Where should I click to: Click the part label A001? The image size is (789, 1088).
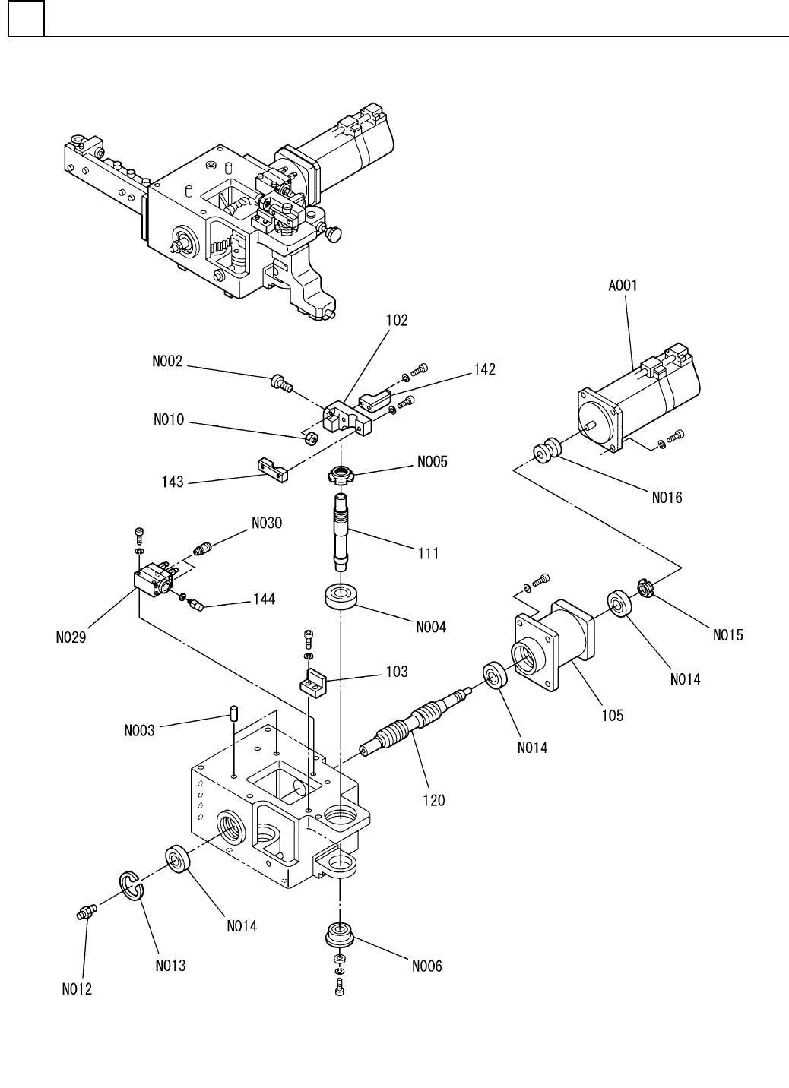point(623,286)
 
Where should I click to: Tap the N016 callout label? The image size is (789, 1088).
point(667,498)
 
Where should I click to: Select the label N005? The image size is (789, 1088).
point(432,461)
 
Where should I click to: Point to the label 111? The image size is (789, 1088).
point(428,553)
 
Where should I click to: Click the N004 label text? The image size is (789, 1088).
point(430,627)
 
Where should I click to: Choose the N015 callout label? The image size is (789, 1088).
point(727,635)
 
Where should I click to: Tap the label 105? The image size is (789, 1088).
point(612,716)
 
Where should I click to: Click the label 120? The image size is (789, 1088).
point(433,801)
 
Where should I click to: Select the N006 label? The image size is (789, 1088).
point(427,966)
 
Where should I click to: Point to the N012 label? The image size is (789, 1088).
point(77,989)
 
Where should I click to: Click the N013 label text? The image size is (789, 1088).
point(170,966)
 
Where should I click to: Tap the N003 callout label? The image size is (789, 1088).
point(139,730)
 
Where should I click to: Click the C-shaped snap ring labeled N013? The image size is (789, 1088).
point(131,887)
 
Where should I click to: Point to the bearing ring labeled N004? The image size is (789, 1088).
point(340,596)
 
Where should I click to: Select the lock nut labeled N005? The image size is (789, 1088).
point(341,473)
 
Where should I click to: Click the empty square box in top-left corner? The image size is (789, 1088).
point(27,18)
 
